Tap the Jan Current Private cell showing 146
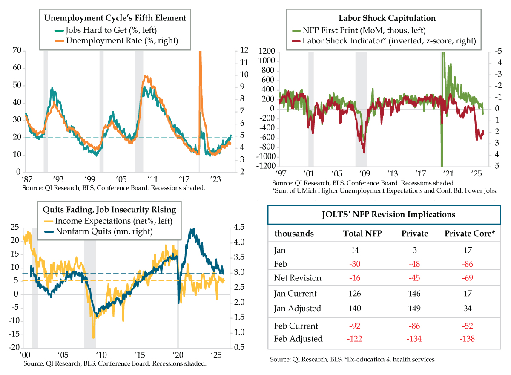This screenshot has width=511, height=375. pos(414,294)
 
